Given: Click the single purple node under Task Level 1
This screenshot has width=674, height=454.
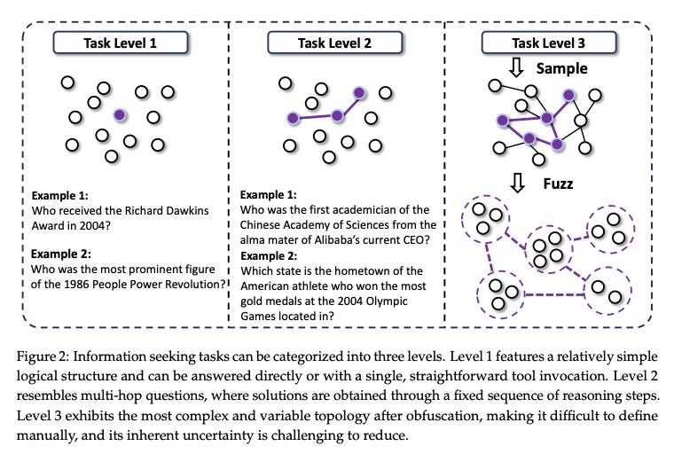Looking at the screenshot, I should point(119,114).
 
